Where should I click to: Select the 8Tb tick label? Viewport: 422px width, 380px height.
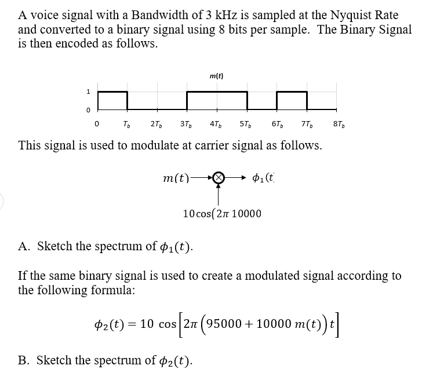[x=339, y=123]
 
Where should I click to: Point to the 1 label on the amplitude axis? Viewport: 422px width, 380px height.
[x=88, y=92]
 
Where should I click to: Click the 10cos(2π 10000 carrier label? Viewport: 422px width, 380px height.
[x=221, y=214]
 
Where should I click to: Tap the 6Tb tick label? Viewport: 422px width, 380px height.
[x=278, y=123]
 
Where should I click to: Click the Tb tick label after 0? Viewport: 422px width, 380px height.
[x=126, y=123]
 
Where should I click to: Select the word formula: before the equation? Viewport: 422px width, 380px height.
[x=114, y=290]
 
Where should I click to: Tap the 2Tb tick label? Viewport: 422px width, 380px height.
[x=156, y=123]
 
